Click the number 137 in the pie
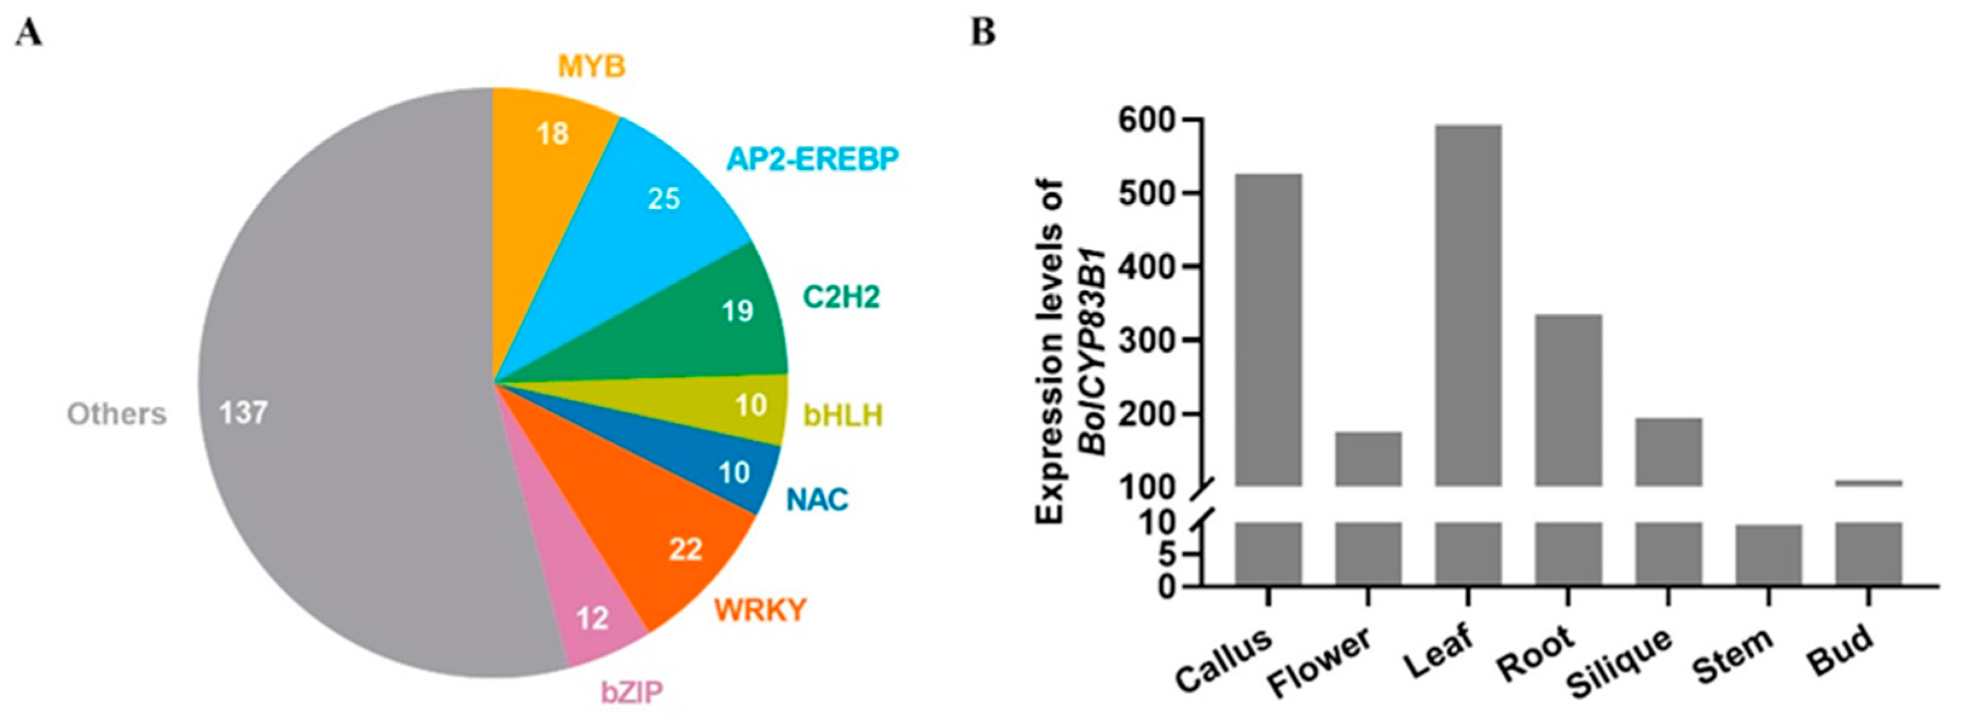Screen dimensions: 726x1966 coord(243,413)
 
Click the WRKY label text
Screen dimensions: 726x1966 coord(760,609)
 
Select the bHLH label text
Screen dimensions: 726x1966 coord(843,416)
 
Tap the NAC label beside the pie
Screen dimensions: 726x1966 coord(817,500)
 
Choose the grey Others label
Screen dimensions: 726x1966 coord(117,414)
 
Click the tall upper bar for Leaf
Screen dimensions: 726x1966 coord(1468,306)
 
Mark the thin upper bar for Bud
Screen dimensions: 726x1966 coord(1868,483)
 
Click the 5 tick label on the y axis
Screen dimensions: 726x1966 coord(1165,555)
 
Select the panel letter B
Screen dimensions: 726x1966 coord(984,33)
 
